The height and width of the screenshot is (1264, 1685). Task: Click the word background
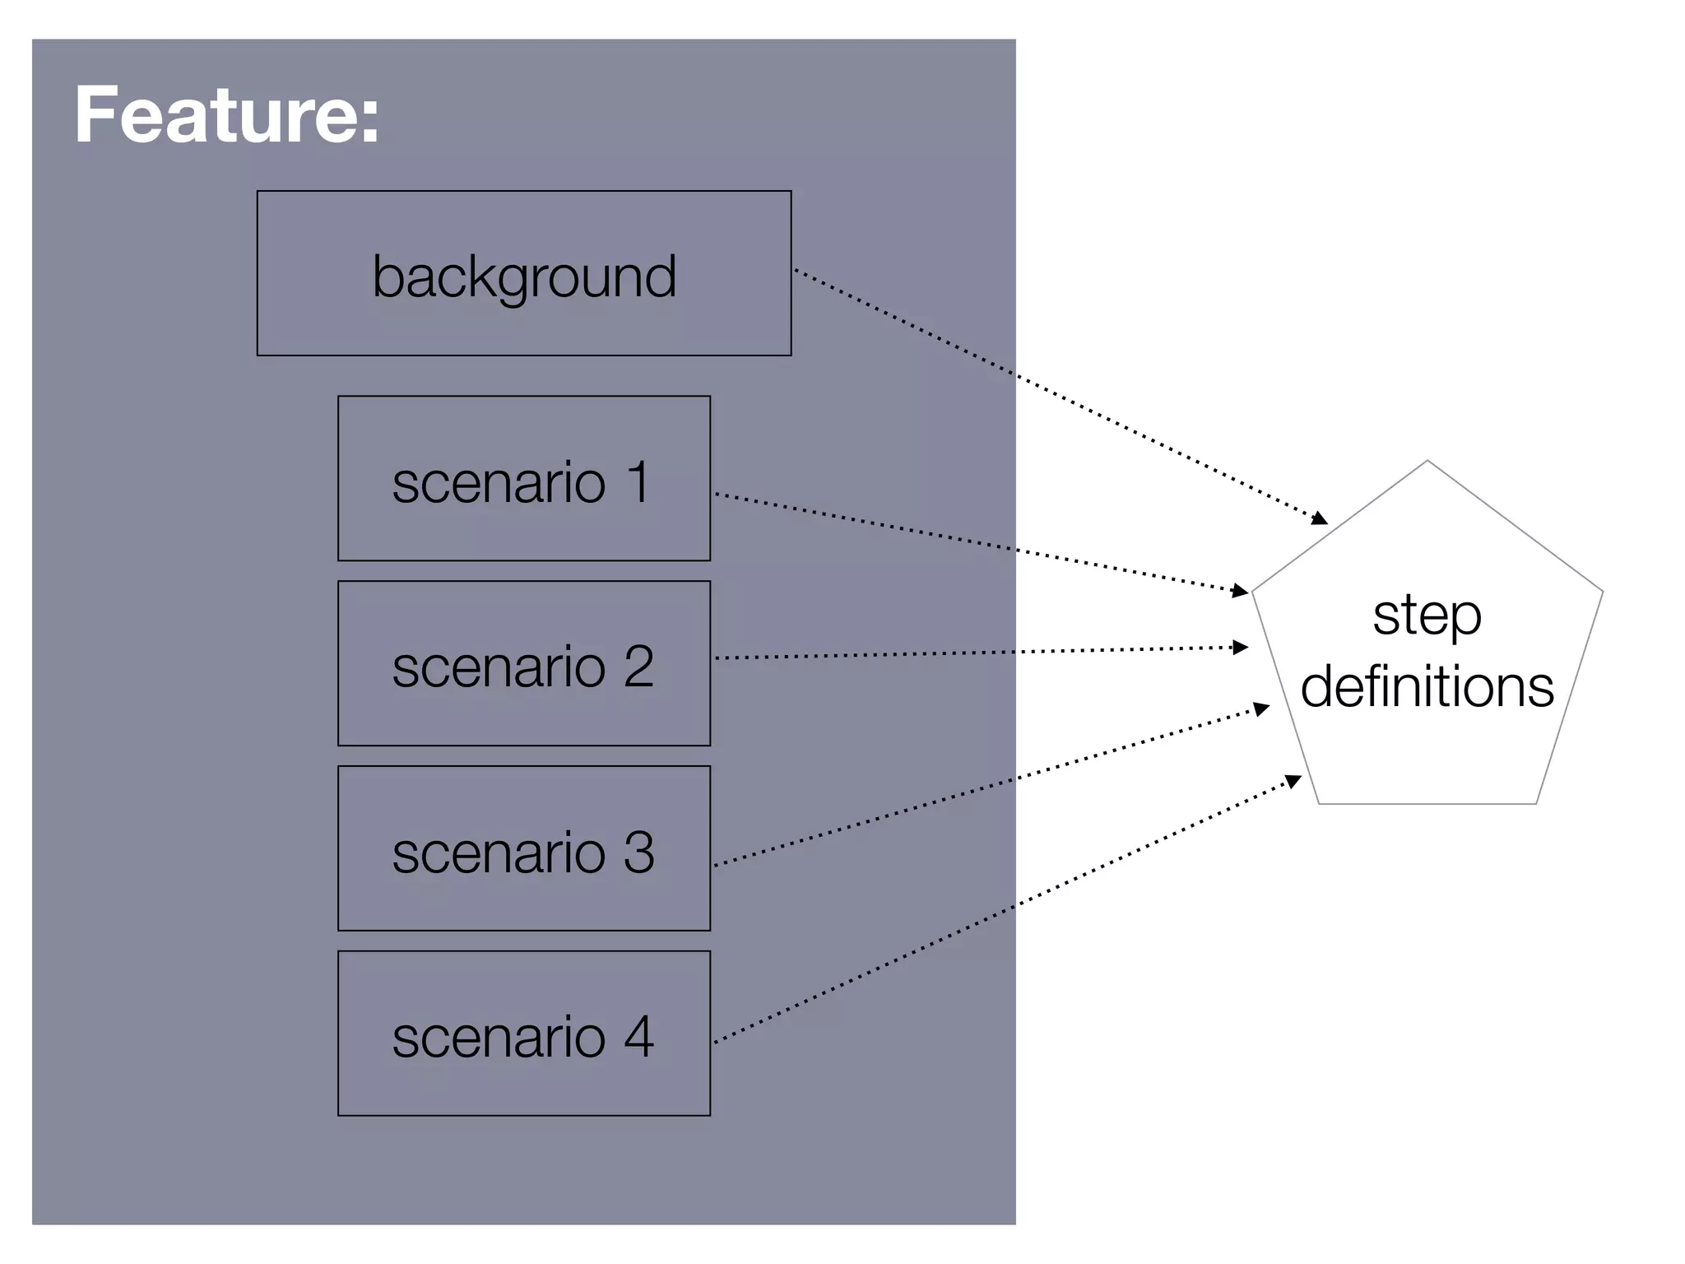click(x=524, y=277)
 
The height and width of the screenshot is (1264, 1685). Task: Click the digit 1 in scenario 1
click(x=638, y=482)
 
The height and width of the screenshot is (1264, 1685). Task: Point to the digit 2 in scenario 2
click(x=638, y=667)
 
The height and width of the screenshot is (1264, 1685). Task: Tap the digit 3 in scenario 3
click(x=638, y=852)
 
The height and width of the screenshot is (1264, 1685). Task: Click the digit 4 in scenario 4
click(x=638, y=1037)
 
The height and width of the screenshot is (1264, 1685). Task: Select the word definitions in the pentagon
click(x=1427, y=687)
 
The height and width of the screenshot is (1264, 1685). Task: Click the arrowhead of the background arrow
click(x=1321, y=518)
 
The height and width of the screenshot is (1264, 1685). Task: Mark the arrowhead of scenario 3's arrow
click(x=1262, y=709)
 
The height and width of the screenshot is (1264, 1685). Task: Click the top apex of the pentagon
click(x=1427, y=462)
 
